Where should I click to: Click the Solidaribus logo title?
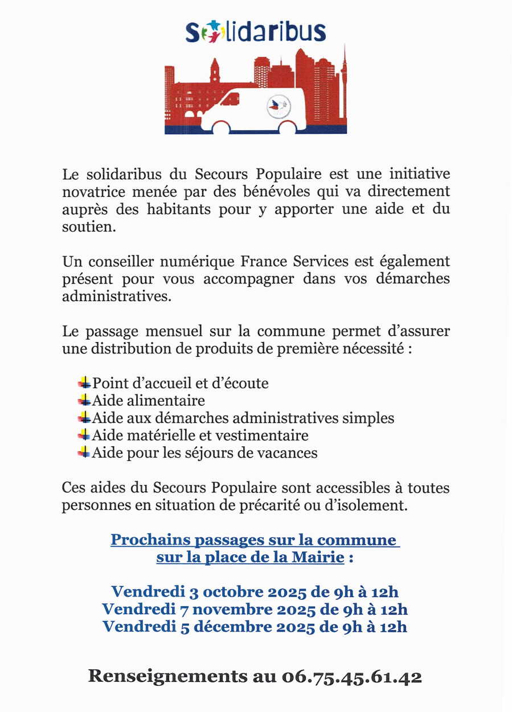(x=256, y=32)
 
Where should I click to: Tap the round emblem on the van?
(x=278, y=105)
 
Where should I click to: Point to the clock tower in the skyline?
(x=215, y=71)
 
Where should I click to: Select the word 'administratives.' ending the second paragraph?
(x=117, y=297)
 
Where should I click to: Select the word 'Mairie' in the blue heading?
(x=318, y=557)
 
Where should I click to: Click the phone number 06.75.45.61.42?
(x=351, y=677)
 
